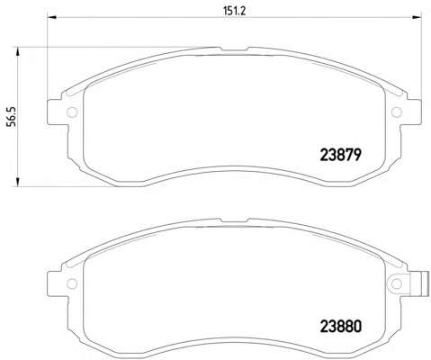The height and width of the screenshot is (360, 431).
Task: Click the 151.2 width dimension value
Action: coord(234,11)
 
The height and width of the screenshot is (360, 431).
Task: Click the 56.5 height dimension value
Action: coord(13,117)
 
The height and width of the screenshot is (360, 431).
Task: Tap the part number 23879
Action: coord(340,155)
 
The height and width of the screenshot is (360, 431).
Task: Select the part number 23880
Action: coord(341,327)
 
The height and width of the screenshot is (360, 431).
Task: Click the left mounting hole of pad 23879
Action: coord(72,112)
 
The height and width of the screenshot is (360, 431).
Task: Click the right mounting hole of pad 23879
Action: coord(397,112)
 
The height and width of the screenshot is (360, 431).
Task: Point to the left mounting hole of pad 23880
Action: coord(72,283)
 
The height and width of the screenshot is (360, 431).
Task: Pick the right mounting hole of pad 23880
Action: coord(397,283)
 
